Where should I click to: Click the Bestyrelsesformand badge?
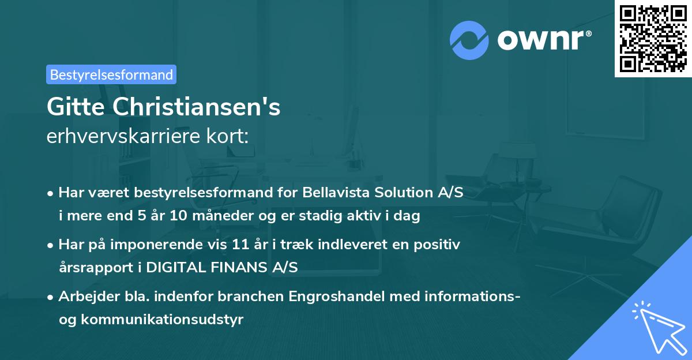[111, 74]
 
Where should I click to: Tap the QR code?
[653, 38]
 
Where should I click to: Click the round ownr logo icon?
[469, 40]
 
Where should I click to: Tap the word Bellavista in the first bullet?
[331, 193]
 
